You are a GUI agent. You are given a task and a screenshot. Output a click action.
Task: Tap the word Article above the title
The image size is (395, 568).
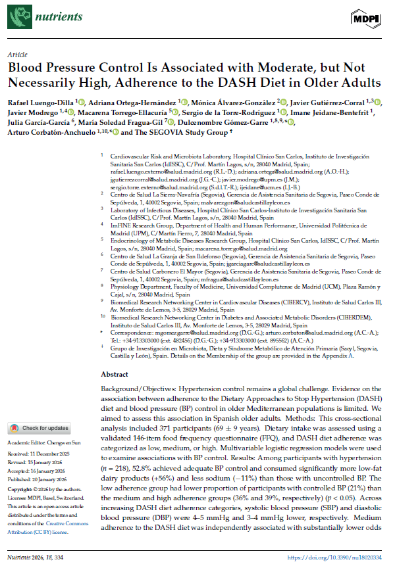(15, 55)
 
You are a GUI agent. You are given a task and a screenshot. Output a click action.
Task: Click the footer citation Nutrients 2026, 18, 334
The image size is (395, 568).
(34, 558)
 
